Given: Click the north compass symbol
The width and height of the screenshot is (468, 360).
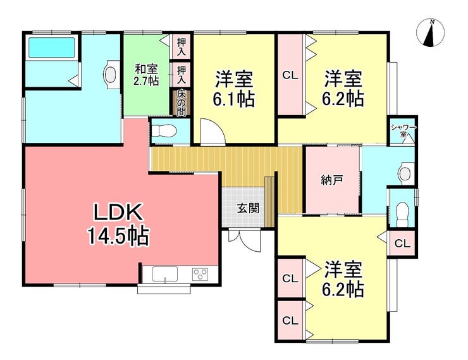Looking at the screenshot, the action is [x=431, y=32].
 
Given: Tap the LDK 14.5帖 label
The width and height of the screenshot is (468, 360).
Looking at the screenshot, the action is [x=118, y=224].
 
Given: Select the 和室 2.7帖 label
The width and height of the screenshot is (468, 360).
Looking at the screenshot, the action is [x=146, y=75].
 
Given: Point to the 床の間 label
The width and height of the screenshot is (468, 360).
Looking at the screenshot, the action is [x=181, y=103].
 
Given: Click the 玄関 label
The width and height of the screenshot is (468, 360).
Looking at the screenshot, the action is [x=248, y=208].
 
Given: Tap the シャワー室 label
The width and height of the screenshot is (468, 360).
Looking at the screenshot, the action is [x=403, y=131].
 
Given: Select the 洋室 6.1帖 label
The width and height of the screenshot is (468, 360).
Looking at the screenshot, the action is [x=234, y=89].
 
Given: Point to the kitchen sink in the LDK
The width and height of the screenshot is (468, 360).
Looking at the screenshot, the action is [x=165, y=274].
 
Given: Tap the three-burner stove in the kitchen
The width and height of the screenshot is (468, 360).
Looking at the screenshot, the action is [x=200, y=275].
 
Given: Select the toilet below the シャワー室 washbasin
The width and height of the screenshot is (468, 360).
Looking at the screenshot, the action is [x=402, y=214].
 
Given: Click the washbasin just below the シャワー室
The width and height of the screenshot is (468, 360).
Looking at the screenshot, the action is [x=406, y=173].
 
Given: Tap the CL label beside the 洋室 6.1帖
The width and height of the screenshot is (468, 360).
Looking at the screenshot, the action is [x=290, y=75].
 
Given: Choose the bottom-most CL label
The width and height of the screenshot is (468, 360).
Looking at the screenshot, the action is [x=290, y=321].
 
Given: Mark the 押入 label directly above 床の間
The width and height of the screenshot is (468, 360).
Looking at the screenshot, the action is [x=182, y=74].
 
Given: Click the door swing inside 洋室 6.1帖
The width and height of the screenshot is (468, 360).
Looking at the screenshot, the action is [x=212, y=132].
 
